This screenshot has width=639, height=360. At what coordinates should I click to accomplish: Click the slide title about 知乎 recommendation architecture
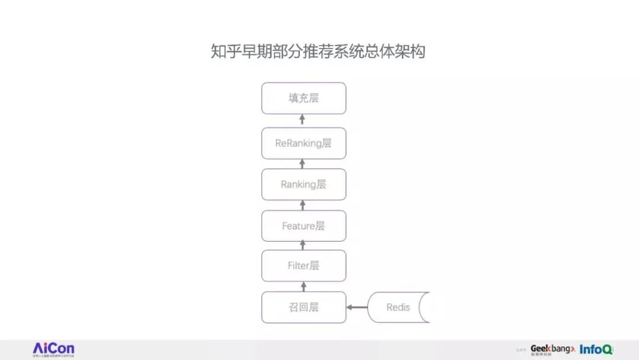coord(318,52)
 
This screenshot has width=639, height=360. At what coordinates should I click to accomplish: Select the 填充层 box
coord(304,98)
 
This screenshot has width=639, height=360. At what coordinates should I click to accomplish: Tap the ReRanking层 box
coord(304,143)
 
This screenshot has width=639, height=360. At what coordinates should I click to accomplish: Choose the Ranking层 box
coord(304,184)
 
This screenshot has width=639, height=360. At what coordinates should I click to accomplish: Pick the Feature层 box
coord(304,226)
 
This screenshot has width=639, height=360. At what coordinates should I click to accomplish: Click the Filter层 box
coord(304,266)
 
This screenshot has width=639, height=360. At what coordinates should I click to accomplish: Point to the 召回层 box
coord(304,307)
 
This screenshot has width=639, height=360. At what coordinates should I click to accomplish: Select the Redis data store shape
coord(398,307)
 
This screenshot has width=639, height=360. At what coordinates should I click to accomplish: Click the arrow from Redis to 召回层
coord(357,307)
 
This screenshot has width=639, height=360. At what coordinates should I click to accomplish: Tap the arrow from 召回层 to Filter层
coord(303,287)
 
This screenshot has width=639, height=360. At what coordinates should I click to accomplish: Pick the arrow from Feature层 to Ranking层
coord(303,205)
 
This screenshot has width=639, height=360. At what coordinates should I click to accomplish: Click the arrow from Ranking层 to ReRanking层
coord(303,164)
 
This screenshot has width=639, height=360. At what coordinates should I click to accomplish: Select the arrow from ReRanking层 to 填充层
coord(303,120)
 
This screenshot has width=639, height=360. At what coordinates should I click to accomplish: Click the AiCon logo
coord(53,349)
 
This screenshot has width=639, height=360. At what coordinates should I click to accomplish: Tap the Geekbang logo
coord(552,349)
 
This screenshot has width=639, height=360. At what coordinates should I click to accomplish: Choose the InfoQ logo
coord(596,349)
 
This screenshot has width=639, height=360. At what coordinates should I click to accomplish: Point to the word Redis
coord(398,307)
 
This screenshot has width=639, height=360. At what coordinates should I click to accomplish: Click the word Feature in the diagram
coord(298,226)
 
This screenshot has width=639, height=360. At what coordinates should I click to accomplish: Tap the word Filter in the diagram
coord(298,266)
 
